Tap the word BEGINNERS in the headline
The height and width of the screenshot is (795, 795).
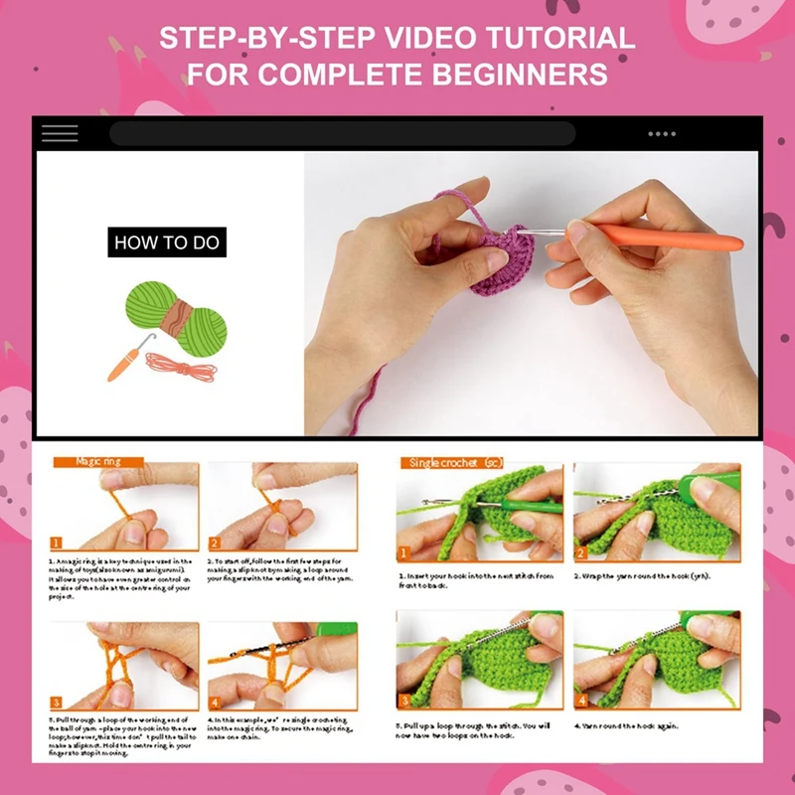pos(524,75)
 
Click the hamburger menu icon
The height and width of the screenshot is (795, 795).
pos(60,133)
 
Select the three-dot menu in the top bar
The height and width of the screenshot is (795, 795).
pos(662,133)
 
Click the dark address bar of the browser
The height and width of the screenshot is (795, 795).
pos(343,133)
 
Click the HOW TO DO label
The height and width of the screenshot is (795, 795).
pos(167,242)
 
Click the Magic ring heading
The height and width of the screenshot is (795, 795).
pos(98,462)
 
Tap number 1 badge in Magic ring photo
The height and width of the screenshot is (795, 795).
pos(57,543)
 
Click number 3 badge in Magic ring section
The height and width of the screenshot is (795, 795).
pos(57,702)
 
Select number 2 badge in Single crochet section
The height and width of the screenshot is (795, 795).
pos(581,553)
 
